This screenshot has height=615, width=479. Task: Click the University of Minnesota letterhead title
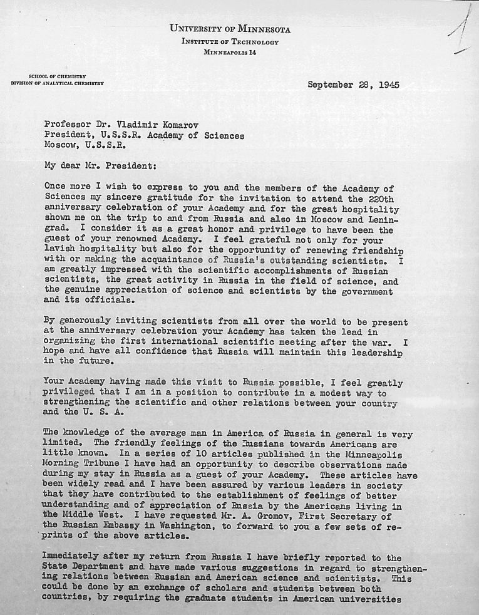[230, 29]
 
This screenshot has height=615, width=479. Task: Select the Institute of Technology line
[230, 41]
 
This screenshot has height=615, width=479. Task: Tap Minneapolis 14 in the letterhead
[230, 52]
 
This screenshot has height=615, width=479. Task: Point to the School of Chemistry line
[57, 76]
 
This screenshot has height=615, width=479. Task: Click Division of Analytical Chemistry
[57, 83]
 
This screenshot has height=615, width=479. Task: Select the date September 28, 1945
[353, 85]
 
